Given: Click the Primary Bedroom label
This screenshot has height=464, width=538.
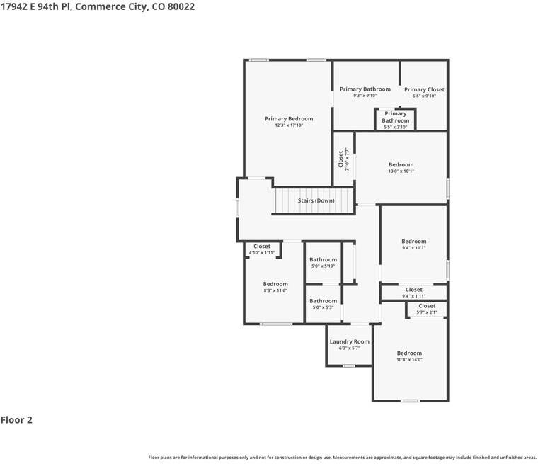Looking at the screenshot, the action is point(289,119).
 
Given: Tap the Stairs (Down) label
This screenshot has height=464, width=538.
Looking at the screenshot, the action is point(316,200).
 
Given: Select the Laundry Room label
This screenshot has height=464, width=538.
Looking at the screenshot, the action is point(349,341).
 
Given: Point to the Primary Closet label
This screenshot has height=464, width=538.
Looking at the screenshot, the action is point(424,89).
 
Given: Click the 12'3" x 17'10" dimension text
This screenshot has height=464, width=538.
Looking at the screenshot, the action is point(289,125).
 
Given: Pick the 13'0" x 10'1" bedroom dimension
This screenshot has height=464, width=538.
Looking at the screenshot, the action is point(401,171).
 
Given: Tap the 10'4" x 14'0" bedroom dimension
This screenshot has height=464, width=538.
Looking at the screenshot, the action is point(409,360).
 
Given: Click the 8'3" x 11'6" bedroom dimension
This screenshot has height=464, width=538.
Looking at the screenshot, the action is point(275,290).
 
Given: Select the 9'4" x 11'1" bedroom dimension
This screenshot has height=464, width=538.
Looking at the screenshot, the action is point(414,248).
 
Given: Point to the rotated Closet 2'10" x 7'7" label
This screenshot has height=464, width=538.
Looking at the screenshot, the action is point(344,159).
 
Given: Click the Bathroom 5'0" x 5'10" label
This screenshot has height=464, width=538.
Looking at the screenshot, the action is point(324,262).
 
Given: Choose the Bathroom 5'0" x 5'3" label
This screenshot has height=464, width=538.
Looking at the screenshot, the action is point(324,304).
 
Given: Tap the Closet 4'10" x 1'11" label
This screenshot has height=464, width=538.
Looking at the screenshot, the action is point(262,249).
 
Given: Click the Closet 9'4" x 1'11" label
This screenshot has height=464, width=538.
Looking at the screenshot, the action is point(414,293).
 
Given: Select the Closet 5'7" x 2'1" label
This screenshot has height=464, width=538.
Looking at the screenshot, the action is point(427,309).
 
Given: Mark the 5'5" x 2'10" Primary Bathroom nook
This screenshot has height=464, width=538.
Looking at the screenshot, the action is point(395,120).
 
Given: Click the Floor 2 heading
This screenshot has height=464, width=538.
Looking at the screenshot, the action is point(16,419).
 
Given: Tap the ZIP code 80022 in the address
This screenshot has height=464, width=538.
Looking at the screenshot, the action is point(181,6).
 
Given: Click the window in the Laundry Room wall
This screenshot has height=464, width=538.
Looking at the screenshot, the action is point(348,366).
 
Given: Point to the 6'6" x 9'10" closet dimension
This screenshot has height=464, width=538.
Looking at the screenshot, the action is point(424,96).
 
